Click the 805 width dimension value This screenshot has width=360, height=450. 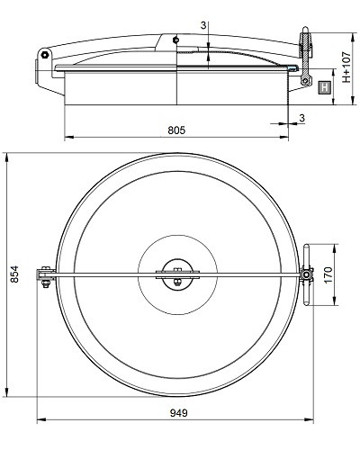point(176,130)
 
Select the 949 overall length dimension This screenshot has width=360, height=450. point(179,413)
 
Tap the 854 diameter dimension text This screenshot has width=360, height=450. point(14,274)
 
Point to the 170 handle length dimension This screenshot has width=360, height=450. point(328,274)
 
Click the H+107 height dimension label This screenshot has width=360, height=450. point(346,67)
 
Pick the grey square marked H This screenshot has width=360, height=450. point(324,88)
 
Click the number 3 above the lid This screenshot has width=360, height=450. point(203,26)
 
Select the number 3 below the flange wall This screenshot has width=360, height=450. point(301,118)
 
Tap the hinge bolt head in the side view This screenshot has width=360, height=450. point(45,55)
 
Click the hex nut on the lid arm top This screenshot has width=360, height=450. point(175,40)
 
